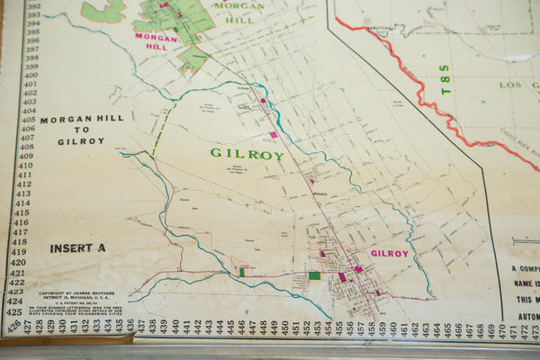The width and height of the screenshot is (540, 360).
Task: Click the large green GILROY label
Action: pos(247,154)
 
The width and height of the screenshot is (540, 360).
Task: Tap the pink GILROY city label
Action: pos(390,254)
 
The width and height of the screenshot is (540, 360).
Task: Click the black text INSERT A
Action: pos(77,248)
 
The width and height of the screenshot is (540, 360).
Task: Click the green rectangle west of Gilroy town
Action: pos(314,275)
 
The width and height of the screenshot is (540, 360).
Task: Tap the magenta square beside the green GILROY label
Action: pos(274,135)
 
